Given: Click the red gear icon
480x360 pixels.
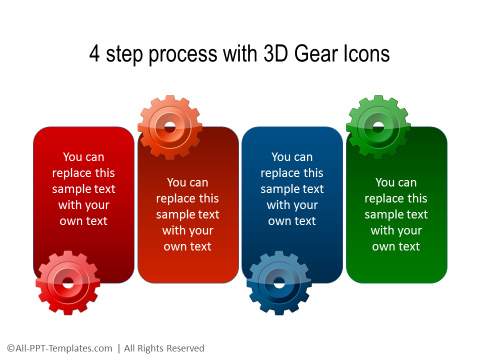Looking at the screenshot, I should (x=67, y=282).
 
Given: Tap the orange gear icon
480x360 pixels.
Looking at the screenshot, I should (x=170, y=127).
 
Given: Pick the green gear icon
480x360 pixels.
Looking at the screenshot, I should (x=378, y=126).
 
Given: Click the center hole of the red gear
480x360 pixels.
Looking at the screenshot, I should (x=67, y=282).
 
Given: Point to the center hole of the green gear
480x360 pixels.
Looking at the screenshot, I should (x=378, y=126).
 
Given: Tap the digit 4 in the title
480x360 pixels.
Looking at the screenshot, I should (x=95, y=53).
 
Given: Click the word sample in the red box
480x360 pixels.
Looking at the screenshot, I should (x=68, y=189).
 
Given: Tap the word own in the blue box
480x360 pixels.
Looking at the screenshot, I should (x=280, y=221).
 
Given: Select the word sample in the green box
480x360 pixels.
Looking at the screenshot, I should (x=383, y=214).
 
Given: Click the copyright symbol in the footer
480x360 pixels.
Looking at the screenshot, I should (x=8, y=348).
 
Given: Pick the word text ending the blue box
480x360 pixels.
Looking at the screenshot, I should (x=306, y=221).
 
